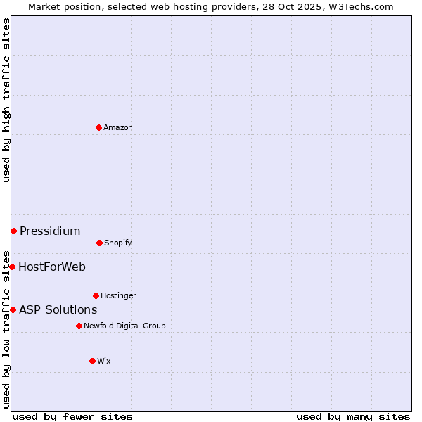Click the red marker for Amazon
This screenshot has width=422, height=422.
pos(98,127)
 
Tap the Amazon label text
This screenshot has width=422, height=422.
pos(118,128)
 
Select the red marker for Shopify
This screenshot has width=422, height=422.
pos(99,243)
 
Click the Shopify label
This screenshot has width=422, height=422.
pos(118,243)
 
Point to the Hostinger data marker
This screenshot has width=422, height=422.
pos(96,295)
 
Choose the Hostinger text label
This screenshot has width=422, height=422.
pos(118,296)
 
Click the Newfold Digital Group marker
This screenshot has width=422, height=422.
pos(79,326)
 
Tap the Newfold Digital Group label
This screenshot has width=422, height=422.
pos(124,326)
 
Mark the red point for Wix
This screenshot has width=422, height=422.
pos(92,361)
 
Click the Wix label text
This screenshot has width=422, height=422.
pos(104,362)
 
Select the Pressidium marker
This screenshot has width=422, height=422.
pos(13,231)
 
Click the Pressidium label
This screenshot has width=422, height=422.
pos(50,231)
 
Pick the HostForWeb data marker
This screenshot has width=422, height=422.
pos(12,267)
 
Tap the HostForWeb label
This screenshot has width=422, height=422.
pos(52,267)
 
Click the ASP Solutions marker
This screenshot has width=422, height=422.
pos(13,309)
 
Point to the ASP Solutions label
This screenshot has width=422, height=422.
pos(58,310)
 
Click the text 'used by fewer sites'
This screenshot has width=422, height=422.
pos(72,417)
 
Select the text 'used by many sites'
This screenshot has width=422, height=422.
pos(353,417)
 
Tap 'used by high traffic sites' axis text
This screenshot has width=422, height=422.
pos(7,100)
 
